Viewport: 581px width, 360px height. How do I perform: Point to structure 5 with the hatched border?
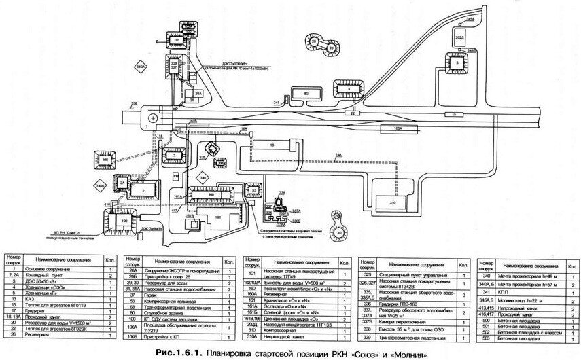coord(458,62)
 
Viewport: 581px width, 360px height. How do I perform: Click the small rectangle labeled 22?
coord(353,114)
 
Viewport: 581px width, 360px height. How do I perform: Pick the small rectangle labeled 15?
coord(454,115)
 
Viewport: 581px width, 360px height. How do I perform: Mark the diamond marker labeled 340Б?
coord(100,185)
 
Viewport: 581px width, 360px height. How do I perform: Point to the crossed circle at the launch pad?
coord(152,118)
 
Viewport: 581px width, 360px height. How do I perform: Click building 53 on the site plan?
coord(254,192)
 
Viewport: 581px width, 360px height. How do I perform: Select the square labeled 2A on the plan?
coord(123,184)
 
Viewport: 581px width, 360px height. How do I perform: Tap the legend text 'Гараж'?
coord(156,293)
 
